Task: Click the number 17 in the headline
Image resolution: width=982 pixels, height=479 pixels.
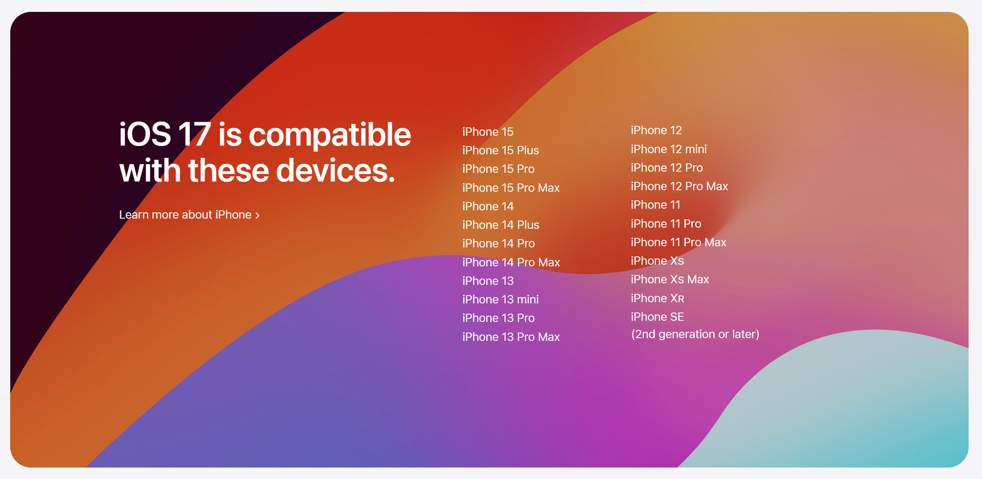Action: click(x=194, y=134)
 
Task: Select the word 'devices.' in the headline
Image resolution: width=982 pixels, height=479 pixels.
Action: click(x=336, y=170)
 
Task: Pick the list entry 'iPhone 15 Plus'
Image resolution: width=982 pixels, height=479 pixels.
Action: click(x=501, y=150)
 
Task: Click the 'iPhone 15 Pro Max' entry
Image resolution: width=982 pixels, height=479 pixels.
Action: click(x=511, y=188)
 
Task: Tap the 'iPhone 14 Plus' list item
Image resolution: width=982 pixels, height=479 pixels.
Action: click(x=501, y=225)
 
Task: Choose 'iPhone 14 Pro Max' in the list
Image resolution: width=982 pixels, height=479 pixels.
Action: click(x=511, y=262)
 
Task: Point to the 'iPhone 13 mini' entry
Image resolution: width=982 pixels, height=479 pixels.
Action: click(x=501, y=300)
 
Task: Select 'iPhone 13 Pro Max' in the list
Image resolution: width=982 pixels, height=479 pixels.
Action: click(x=511, y=337)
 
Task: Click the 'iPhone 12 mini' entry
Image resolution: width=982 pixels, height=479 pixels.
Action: click(x=668, y=149)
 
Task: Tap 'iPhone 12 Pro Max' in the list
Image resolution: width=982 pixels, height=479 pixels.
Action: click(x=680, y=186)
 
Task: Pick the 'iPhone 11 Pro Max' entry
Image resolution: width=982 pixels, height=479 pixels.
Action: click(x=678, y=242)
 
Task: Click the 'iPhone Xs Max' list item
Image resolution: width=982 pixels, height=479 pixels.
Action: click(x=670, y=279)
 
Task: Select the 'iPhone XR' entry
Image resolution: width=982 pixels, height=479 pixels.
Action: click(x=658, y=298)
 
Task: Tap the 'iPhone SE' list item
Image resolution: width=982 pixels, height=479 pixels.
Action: click(x=658, y=316)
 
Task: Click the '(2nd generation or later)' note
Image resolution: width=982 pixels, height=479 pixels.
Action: click(x=695, y=334)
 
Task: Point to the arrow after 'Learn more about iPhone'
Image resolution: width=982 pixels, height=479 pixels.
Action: click(x=257, y=215)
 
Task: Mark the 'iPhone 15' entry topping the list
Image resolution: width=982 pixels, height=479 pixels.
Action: click(x=488, y=132)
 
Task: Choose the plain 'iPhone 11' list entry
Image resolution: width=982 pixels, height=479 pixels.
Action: click(x=655, y=204)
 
